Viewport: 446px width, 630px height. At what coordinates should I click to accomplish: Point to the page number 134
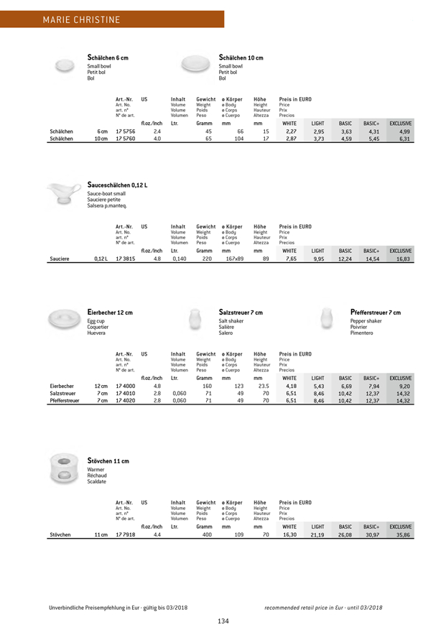[223, 601]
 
